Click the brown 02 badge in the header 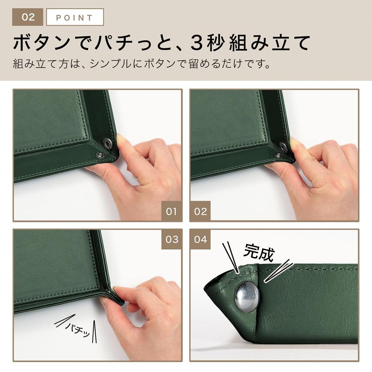(x=28, y=17)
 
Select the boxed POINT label (x=75, y=17)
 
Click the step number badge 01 (x=171, y=211)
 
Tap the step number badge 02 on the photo (x=200, y=211)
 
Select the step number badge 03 (x=171, y=239)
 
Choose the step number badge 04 (x=200, y=239)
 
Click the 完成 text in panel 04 (x=259, y=252)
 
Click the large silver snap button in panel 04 (x=247, y=296)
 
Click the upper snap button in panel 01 (x=108, y=143)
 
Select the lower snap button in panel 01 (x=99, y=155)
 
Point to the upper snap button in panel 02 (x=283, y=146)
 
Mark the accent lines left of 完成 (x=231, y=257)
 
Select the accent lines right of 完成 (x=278, y=271)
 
